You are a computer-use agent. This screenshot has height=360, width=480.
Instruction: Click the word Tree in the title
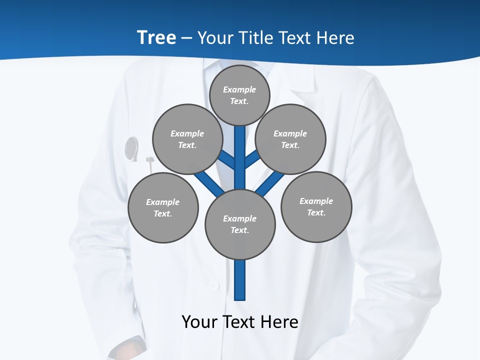coord(156,37)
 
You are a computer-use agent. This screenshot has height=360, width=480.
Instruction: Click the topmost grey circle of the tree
coord(239,95)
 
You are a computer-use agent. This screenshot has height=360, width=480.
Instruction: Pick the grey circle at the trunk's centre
coord(240,224)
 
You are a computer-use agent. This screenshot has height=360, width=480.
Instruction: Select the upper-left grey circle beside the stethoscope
coord(187,139)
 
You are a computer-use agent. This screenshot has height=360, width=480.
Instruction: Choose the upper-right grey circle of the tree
coord(290,139)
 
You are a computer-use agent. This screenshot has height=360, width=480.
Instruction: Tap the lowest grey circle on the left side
coord(163,207)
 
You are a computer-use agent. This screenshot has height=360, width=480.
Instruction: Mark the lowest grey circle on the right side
coord(316,206)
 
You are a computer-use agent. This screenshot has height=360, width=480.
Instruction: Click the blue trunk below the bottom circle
coord(240,280)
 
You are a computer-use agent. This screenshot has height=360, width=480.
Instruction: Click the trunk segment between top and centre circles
coord(240,150)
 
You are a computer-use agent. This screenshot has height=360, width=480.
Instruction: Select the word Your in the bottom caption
coord(200,321)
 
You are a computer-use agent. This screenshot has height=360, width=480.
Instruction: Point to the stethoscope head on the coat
coord(131,148)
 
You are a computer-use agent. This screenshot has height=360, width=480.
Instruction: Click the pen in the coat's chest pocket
coord(150,161)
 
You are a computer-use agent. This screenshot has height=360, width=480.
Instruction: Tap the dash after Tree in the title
coord(186,38)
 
